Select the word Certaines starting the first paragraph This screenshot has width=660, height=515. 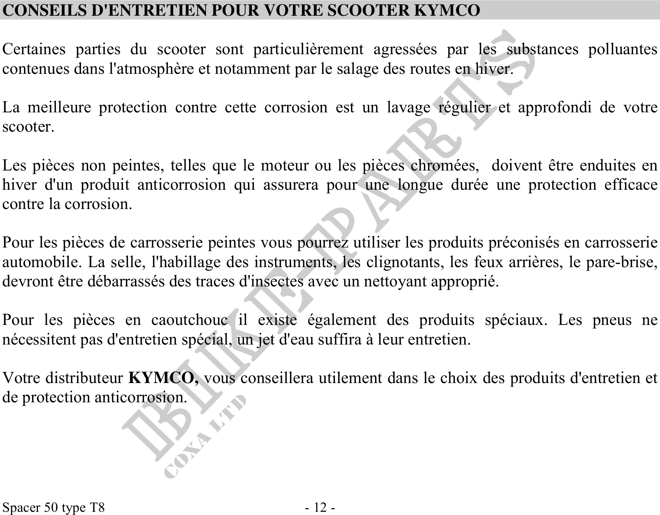[34, 49]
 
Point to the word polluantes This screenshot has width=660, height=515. [622, 49]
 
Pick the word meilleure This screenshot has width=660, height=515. [59, 107]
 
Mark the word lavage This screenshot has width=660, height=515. [408, 107]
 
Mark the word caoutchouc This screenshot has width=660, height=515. [189, 320]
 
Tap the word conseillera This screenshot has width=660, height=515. [277, 378]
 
